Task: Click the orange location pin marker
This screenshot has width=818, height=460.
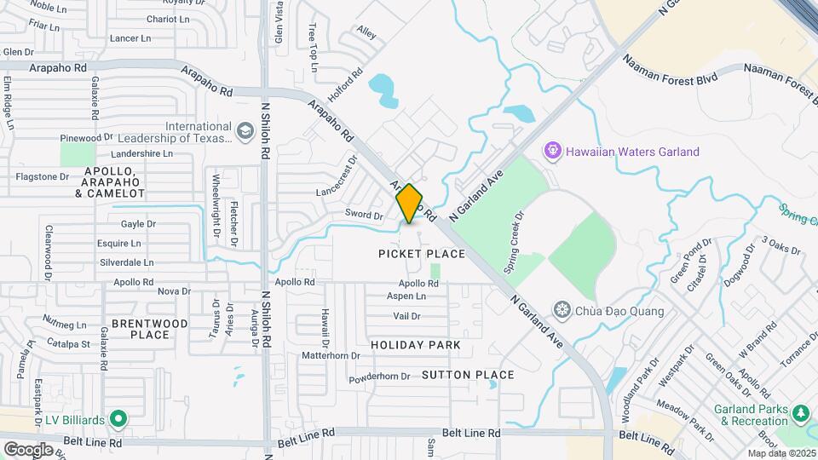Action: [410, 204]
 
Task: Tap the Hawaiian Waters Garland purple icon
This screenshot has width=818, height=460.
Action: [552, 152]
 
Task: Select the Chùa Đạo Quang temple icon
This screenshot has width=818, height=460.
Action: [562, 308]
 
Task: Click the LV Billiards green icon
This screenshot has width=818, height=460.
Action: [118, 419]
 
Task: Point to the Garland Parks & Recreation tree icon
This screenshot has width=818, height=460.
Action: [800, 413]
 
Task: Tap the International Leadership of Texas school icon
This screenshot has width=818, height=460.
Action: [245, 130]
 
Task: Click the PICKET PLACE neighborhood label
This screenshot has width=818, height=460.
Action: [423, 254]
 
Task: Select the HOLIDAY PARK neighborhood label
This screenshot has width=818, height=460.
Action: [416, 345]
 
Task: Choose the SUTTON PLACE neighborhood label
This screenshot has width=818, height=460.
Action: [468, 375]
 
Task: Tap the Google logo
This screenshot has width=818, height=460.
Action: [28, 449]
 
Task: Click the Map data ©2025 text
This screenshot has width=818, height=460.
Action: [781, 453]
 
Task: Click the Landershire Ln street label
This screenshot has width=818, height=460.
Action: [142, 154]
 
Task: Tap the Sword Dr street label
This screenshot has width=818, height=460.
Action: [364, 215]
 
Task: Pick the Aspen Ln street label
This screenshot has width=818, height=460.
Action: [406, 296]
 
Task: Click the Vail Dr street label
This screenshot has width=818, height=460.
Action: [407, 316]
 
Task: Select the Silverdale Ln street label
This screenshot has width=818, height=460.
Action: [126, 263]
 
